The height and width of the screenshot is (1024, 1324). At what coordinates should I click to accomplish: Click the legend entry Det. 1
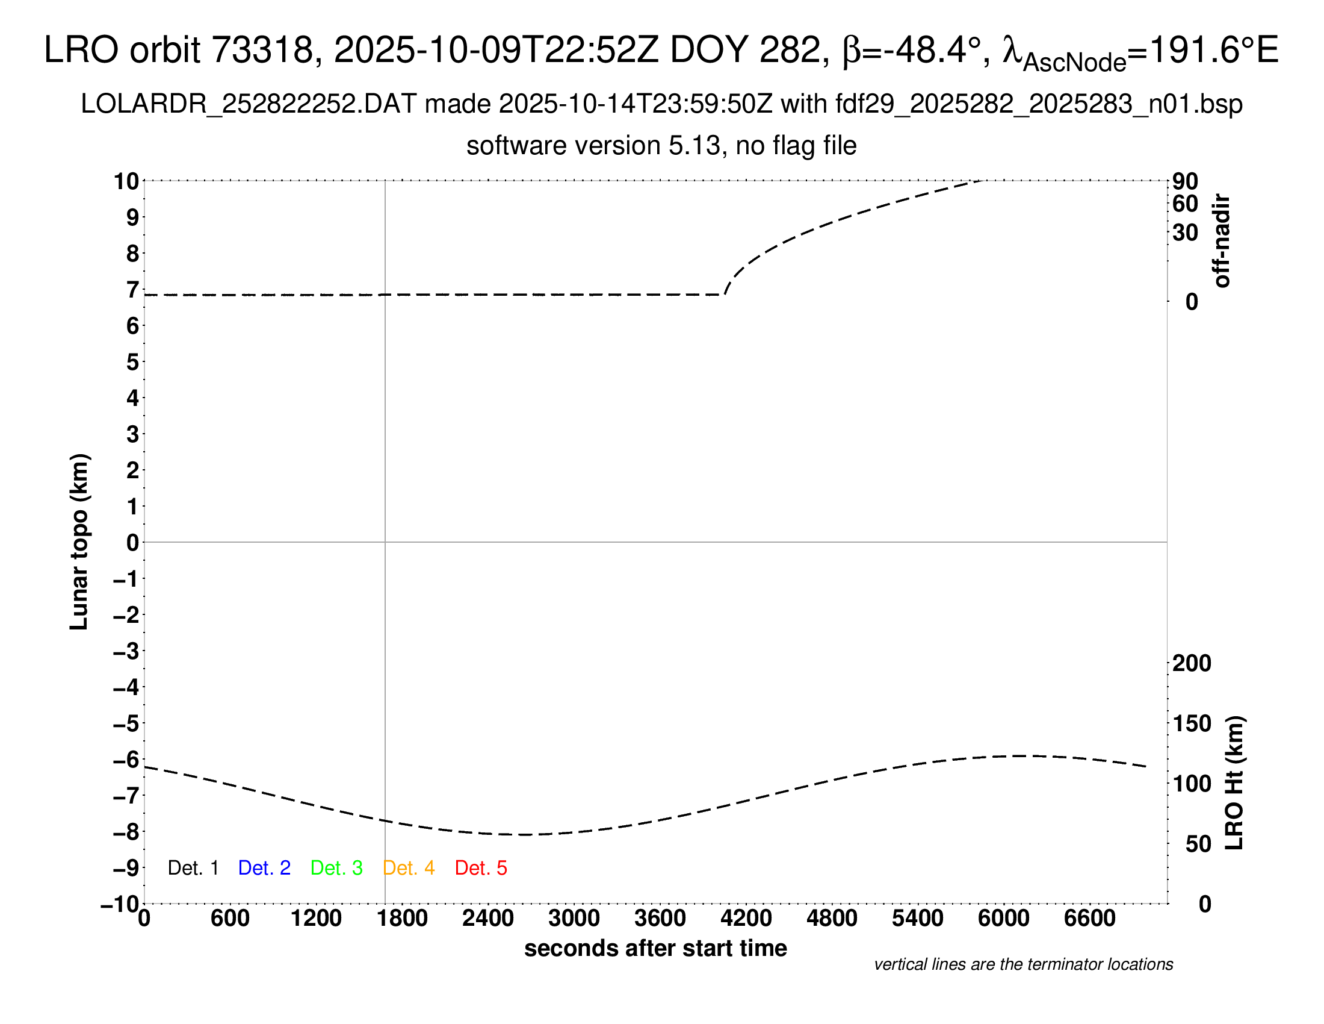pos(193,868)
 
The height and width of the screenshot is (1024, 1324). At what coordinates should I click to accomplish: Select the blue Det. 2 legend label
pos(264,868)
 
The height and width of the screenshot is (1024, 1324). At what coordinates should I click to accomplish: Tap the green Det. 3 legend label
pos(336,868)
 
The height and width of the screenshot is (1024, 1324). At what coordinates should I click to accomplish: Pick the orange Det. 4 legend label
pos(409,868)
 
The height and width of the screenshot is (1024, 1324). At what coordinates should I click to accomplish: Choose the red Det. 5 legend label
pos(481,868)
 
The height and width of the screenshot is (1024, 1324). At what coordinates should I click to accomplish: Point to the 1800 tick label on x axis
pos(402,919)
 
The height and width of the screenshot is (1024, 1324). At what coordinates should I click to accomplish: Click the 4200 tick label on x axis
pos(746,919)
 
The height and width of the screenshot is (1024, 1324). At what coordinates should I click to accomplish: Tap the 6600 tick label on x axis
pos(1089,919)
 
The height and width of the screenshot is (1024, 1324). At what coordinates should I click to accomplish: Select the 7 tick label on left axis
pos(132,290)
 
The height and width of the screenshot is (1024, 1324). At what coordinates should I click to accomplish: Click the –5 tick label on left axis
pos(126,723)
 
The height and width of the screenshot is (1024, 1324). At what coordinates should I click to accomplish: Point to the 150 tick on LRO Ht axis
pos(1191,723)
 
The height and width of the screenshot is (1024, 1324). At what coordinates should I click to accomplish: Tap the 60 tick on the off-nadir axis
pos(1185,204)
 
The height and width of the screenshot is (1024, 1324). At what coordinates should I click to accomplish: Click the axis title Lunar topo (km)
pos(79,542)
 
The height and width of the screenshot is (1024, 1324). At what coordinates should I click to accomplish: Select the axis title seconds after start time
pos(655,948)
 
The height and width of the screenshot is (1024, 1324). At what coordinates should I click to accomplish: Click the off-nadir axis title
pos(1222,241)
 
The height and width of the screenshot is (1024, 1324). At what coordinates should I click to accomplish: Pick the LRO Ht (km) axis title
pos(1234,783)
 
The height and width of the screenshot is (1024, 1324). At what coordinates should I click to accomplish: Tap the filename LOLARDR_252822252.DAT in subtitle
pos(249,104)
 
